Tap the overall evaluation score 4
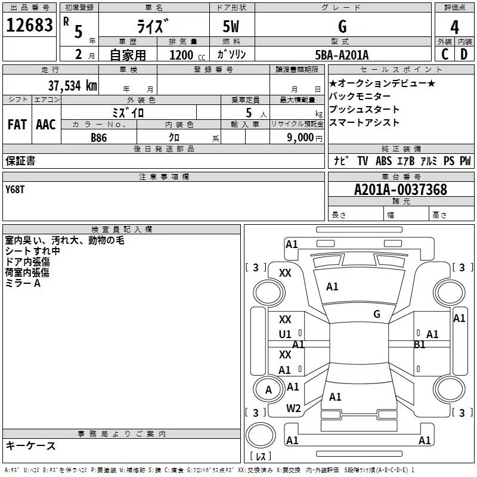click(455, 27)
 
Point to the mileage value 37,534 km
click(73, 86)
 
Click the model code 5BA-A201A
click(342, 55)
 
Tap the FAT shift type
click(17, 125)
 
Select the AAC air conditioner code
click(46, 125)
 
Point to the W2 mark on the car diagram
click(293, 408)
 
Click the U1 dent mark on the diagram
click(285, 334)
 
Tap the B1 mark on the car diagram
click(420, 345)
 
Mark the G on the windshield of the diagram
click(377, 314)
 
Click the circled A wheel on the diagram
click(268, 390)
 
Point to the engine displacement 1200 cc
click(185, 55)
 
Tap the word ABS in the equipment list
click(383, 161)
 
